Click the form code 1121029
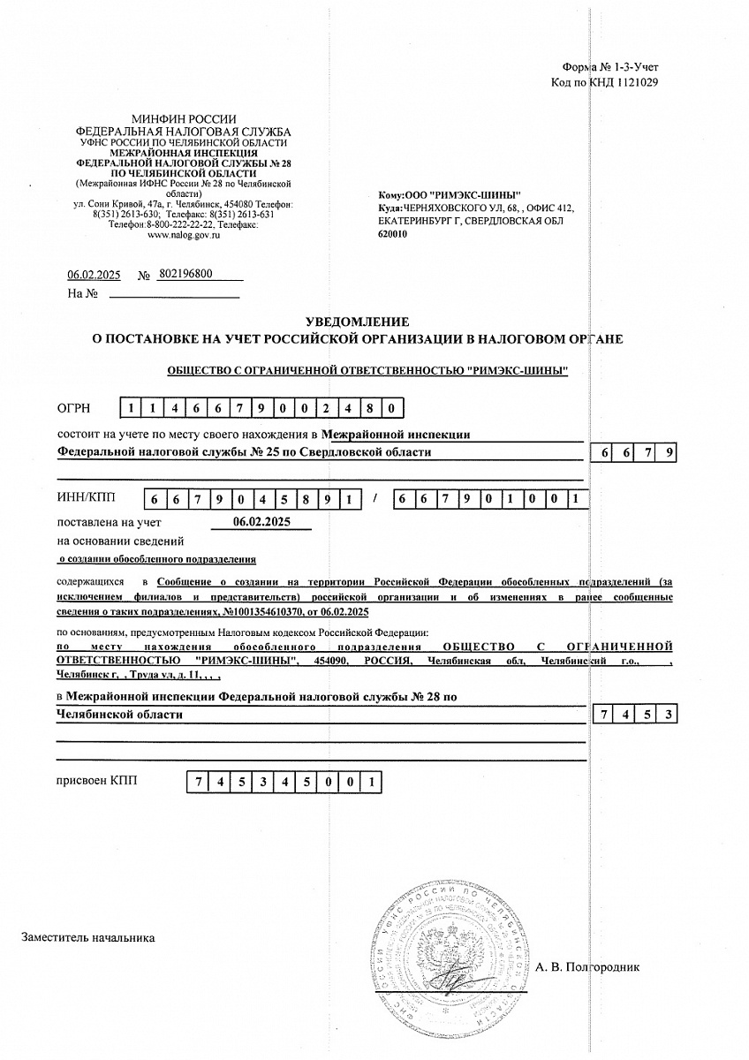click(x=631, y=82)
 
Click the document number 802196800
click(x=185, y=275)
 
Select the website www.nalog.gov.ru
click(x=184, y=235)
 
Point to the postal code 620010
click(x=392, y=234)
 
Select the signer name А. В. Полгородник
click(x=586, y=966)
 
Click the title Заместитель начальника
click(x=88, y=937)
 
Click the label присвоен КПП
click(x=97, y=781)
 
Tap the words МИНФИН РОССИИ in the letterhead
click(x=184, y=118)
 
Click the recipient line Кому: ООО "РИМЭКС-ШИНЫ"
click(x=449, y=194)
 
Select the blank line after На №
click(x=173, y=294)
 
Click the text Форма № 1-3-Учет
click(x=609, y=67)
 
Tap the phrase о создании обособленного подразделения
click(x=156, y=559)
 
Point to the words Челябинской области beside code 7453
click(x=119, y=714)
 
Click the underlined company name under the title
click(x=367, y=370)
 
